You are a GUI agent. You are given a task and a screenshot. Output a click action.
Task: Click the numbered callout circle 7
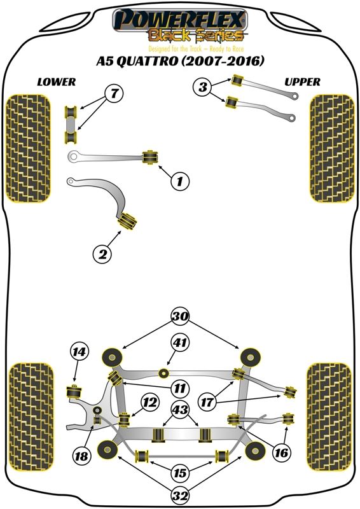pyautogui.click(x=114, y=94)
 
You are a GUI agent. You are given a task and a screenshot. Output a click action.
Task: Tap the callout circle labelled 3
pyautogui.click(x=202, y=87)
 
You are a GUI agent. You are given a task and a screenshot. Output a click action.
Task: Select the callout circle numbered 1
pyautogui.click(x=180, y=181)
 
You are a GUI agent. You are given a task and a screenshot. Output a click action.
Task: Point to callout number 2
pyautogui.click(x=102, y=253)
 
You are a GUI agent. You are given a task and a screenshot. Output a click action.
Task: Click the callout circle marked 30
pyautogui.click(x=181, y=316)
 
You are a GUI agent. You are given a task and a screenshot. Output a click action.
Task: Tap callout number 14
pyautogui.click(x=80, y=352)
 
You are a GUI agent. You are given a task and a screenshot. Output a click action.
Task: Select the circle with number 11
pyautogui.click(x=179, y=388)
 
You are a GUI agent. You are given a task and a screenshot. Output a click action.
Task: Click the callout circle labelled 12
pyautogui.click(x=150, y=403)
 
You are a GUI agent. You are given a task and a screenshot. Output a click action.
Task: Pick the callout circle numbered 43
pyautogui.click(x=181, y=410)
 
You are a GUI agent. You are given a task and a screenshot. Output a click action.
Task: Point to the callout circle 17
pyautogui.click(x=207, y=403)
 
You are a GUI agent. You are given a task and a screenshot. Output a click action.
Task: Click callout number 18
pyautogui.click(x=81, y=456)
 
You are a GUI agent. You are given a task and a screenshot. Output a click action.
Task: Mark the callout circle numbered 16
pyautogui.click(x=281, y=452)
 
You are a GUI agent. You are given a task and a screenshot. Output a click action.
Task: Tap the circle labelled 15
pyautogui.click(x=180, y=473)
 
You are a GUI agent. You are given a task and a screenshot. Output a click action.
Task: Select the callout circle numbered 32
pyautogui.click(x=181, y=496)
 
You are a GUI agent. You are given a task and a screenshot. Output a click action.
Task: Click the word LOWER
pyautogui.click(x=57, y=82)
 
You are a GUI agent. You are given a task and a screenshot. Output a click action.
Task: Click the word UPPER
pyautogui.click(x=302, y=82)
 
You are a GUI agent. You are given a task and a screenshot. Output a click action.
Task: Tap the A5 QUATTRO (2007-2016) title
pyautogui.click(x=180, y=61)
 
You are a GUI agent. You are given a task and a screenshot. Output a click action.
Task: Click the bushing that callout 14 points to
pyautogui.click(x=74, y=392)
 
